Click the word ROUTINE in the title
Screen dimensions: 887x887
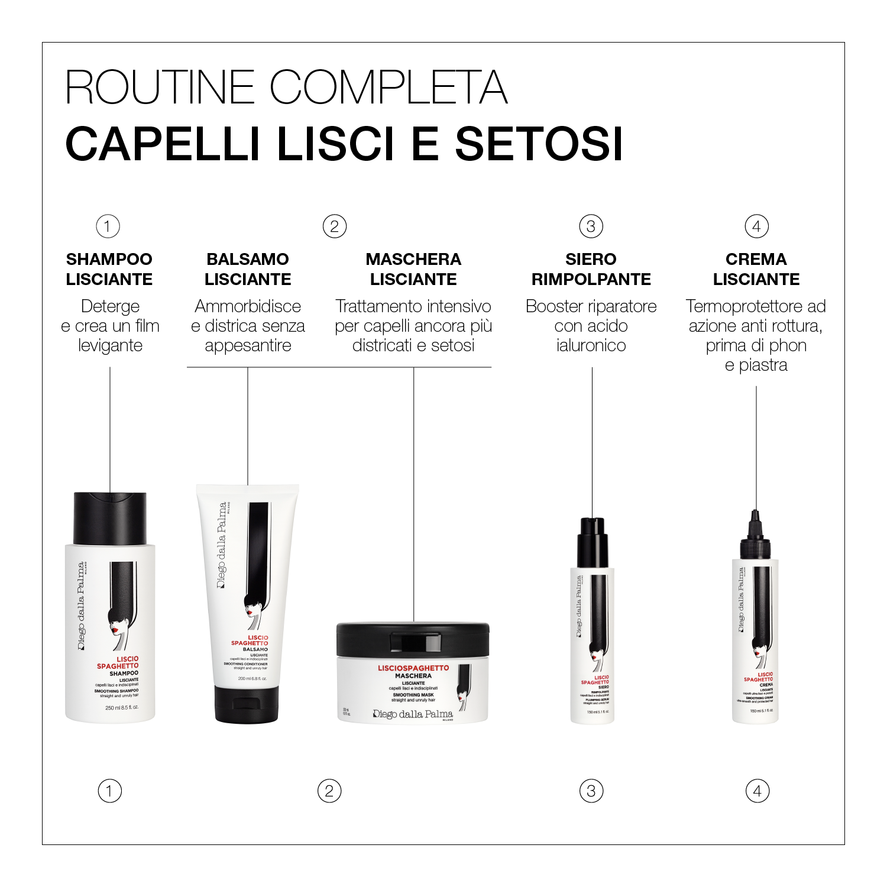[x=160, y=88]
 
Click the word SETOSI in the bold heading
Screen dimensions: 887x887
[x=539, y=144]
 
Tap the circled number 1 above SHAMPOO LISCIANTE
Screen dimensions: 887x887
[x=108, y=226]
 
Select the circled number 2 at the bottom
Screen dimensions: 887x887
[x=329, y=791]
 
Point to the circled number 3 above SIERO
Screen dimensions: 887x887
[x=591, y=226]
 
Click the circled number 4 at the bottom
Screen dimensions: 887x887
[x=757, y=791]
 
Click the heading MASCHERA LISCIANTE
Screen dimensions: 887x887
[x=413, y=269]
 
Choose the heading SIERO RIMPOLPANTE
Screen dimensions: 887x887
[x=591, y=269]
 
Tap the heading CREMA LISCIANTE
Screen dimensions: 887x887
[x=756, y=269]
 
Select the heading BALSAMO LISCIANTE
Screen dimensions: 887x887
[x=248, y=269]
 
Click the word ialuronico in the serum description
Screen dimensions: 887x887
[x=591, y=345]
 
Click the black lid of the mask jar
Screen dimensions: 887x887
[x=413, y=639]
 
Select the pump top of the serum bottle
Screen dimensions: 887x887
[x=593, y=541]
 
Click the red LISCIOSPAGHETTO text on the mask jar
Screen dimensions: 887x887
[x=413, y=668]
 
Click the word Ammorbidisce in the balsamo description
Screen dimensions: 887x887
[x=248, y=306]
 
